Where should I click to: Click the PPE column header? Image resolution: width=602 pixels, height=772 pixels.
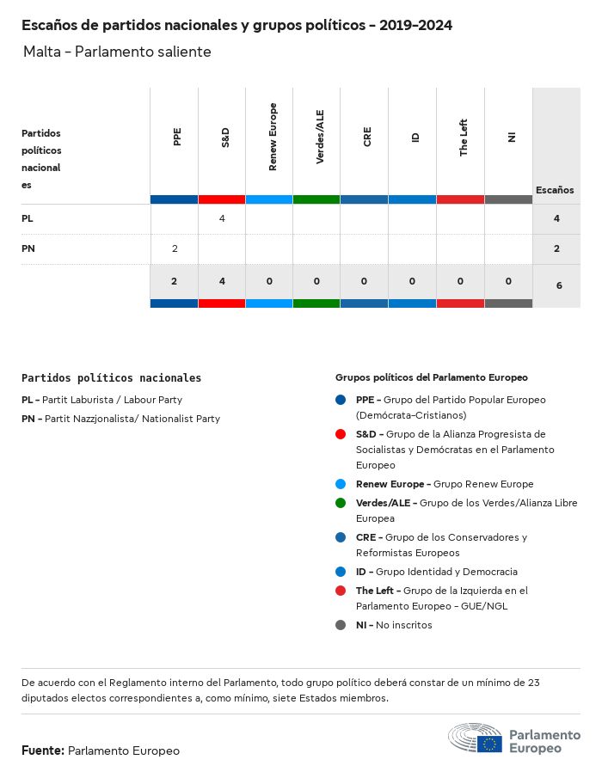[x=177, y=137]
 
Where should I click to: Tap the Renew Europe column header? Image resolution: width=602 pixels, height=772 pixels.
[x=273, y=137]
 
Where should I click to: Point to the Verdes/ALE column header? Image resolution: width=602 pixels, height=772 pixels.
[x=320, y=137]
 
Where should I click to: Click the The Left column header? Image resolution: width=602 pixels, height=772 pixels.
[x=464, y=137]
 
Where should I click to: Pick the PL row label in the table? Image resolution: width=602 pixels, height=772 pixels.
[x=28, y=218]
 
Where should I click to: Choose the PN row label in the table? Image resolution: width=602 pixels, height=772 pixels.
[x=28, y=248]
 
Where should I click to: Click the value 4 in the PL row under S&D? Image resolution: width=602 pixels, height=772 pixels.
[x=222, y=218]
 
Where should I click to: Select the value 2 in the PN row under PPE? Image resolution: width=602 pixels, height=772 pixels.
[x=175, y=248]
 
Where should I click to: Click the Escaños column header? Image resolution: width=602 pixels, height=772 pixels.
[x=555, y=190]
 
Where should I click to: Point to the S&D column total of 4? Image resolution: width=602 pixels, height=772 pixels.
[x=222, y=281]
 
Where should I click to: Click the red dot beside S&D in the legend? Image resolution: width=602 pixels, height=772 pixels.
[x=341, y=434]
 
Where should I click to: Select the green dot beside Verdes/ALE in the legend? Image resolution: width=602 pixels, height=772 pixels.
[x=341, y=503]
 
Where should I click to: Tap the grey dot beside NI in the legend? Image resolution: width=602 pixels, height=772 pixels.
[x=341, y=625]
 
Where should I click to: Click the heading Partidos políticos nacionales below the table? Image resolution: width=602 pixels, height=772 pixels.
[x=111, y=377]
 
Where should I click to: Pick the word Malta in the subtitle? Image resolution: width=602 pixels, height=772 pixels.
[x=42, y=52]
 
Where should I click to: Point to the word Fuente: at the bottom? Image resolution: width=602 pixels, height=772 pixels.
[x=43, y=751]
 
